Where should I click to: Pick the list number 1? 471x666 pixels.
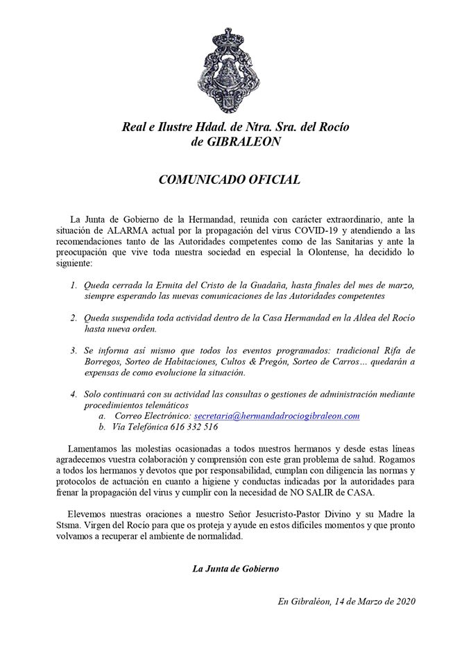[x=74, y=285]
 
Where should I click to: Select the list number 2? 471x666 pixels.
[x=74, y=318]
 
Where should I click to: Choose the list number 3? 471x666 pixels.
[x=74, y=351]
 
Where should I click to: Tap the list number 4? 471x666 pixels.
[x=74, y=394]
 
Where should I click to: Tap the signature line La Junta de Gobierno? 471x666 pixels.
[x=236, y=569]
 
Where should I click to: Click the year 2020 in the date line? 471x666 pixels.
[x=402, y=602]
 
